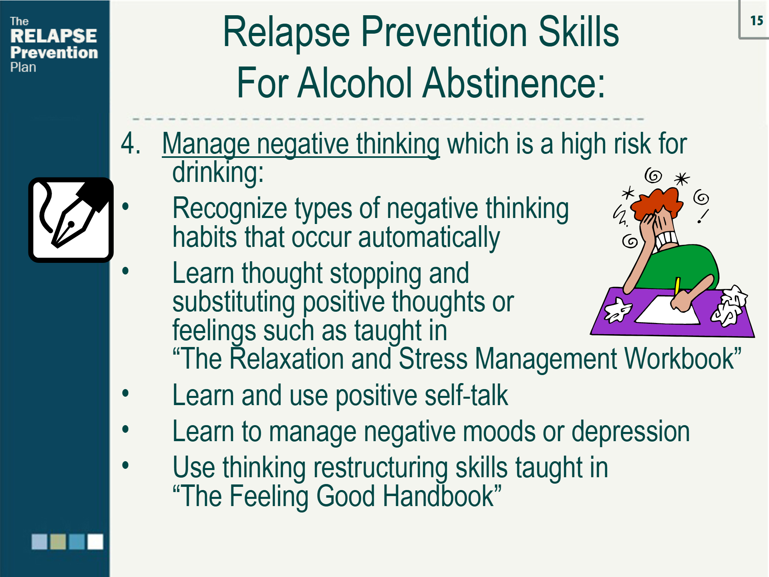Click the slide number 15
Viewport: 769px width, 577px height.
click(756, 20)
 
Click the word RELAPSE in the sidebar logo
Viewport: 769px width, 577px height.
click(54, 36)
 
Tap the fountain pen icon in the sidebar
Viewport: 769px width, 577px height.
click(70, 220)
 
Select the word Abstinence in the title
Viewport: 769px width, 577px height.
click(513, 83)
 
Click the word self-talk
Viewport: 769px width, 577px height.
click(466, 395)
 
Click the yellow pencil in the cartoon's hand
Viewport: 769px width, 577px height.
click(677, 286)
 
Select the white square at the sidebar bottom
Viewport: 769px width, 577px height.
click(95, 542)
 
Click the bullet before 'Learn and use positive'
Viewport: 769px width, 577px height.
click(126, 393)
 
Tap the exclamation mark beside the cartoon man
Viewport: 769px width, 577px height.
click(703, 216)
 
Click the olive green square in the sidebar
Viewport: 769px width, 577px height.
click(58, 542)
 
